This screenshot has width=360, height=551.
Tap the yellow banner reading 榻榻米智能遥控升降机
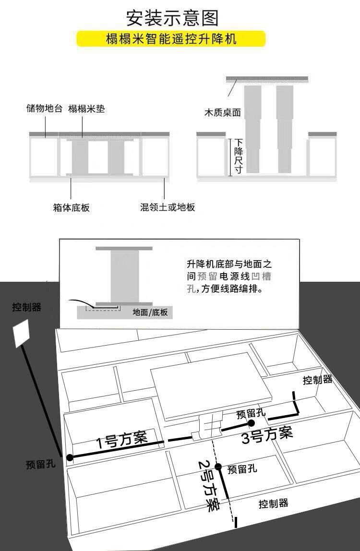coord(171,39)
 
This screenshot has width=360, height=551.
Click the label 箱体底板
coord(71,207)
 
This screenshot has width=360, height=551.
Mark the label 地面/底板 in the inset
coord(150,312)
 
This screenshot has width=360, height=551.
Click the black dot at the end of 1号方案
coord(70,457)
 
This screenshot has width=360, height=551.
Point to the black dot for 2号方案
coord(218,467)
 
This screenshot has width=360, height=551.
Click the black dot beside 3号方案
coord(251,423)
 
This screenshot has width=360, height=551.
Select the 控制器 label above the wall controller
coord(26,307)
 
